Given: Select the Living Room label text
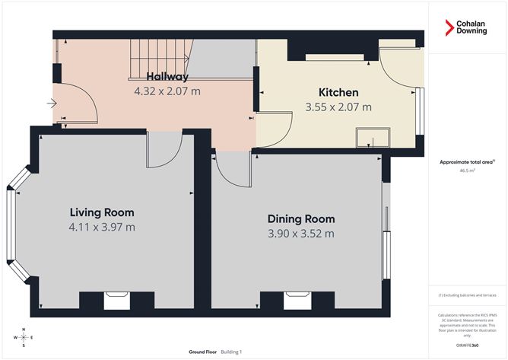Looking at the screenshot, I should pos(102,212).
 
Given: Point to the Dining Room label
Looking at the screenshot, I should pos(300,219).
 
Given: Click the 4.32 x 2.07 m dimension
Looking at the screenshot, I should pos(167,91).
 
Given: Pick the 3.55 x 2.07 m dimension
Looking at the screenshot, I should pos(338,107).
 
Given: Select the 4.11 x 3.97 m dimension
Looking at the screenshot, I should pos(102,226).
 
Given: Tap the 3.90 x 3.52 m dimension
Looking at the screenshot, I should pos(300,233).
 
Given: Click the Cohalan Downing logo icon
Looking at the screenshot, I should pos(450,27).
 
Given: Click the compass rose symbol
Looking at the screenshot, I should pos(24,336).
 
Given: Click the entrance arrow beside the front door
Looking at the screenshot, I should pos(51,104).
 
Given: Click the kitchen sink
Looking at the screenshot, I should pos(373,137).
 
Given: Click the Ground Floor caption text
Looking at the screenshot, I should pos(204,352).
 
